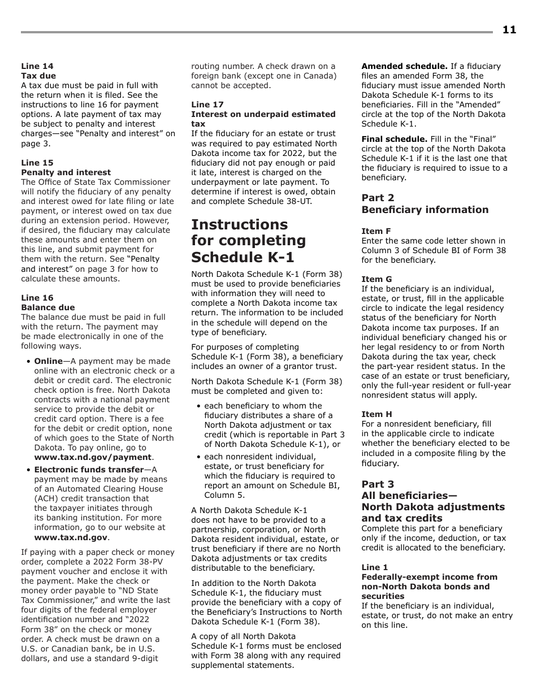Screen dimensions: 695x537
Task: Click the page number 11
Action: click(x=509, y=30)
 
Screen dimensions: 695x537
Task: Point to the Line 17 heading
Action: click(x=207, y=105)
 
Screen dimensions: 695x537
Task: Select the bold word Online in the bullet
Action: click(x=48, y=361)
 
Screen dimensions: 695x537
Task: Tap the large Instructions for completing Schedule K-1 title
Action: click(x=248, y=241)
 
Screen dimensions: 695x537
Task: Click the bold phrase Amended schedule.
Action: click(x=404, y=66)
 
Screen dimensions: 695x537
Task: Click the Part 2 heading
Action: click(x=378, y=198)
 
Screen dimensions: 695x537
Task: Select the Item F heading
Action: click(x=376, y=231)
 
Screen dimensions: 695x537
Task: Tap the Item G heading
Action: click(x=376, y=279)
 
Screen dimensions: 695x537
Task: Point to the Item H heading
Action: click(x=376, y=414)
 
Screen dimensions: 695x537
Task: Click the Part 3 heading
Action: click(x=378, y=484)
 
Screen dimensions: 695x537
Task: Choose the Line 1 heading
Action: click(x=375, y=567)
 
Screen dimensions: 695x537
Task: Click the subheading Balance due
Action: click(x=47, y=307)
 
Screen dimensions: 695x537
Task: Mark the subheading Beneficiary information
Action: click(x=425, y=210)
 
